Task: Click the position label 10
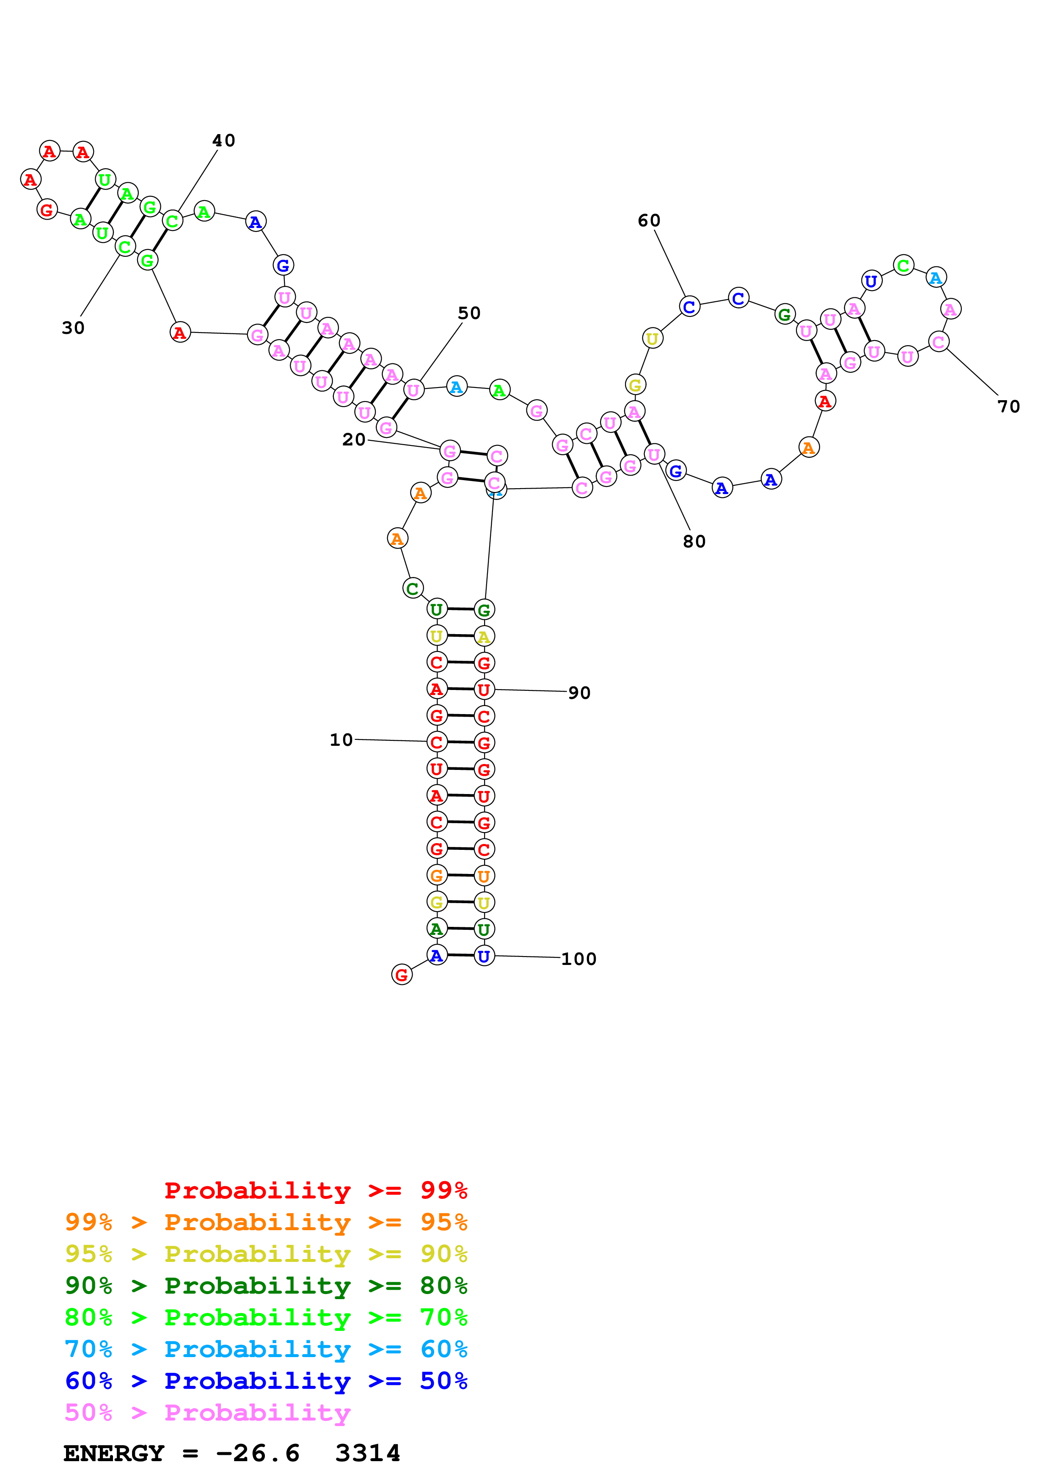tap(341, 739)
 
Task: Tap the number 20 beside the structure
tap(353, 440)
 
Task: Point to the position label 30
tap(73, 328)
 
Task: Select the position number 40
tap(223, 140)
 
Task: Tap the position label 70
tap(1008, 407)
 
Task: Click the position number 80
tap(694, 541)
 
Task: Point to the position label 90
tap(579, 693)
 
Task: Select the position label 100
tap(578, 959)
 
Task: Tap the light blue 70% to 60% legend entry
tap(266, 1349)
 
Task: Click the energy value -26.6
tap(258, 1453)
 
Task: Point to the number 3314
tap(368, 1453)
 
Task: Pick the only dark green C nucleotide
tap(412, 588)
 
